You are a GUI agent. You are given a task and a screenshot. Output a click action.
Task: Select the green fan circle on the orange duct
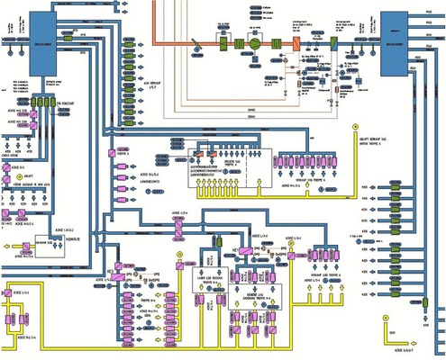(x=254, y=42)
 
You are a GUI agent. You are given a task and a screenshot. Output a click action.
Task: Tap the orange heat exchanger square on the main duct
(x=293, y=43)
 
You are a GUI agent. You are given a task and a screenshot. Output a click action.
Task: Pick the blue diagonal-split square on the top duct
(x=332, y=43)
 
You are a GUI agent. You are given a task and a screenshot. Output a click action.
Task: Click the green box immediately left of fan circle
(x=239, y=42)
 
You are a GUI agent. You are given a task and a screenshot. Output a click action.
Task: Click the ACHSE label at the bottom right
(x=401, y=341)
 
